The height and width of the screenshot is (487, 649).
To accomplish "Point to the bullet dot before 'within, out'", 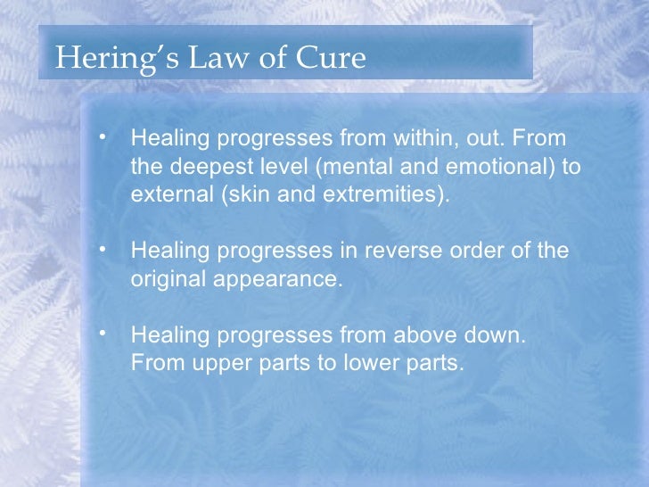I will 104,137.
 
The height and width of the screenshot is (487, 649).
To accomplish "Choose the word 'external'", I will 170,194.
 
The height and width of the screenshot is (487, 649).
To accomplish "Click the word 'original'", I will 168,278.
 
